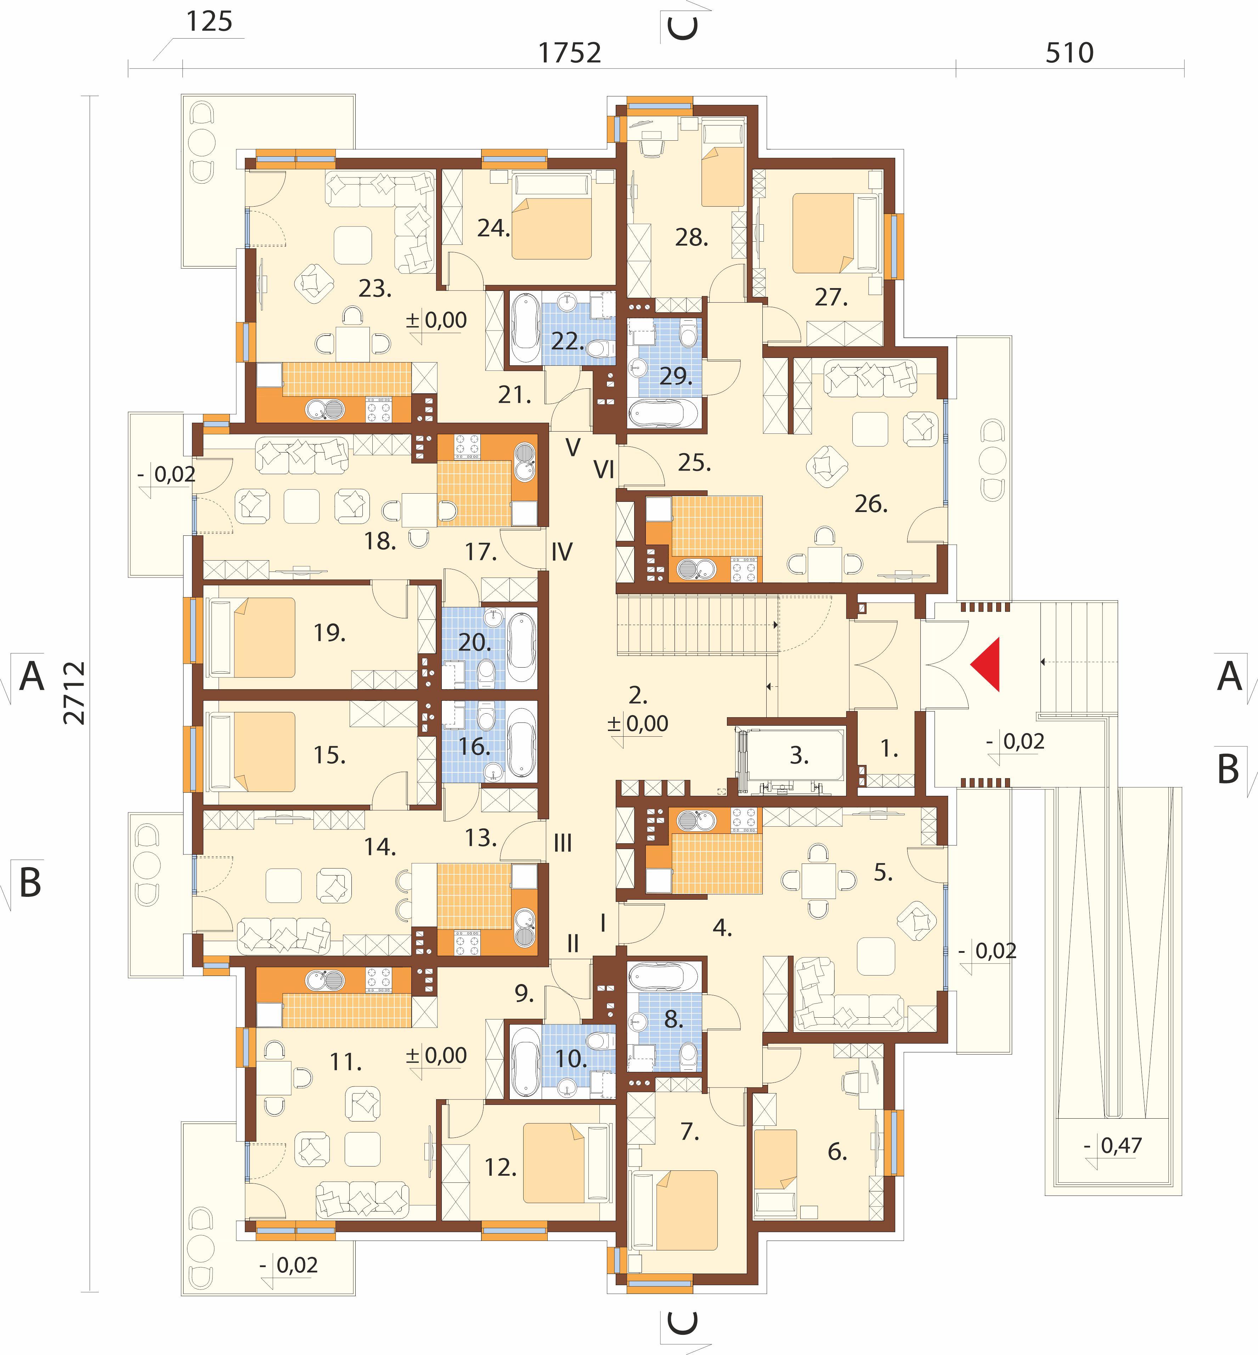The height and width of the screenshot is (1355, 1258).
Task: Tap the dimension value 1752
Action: coord(570,53)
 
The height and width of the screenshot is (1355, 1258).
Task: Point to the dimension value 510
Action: coord(1070,53)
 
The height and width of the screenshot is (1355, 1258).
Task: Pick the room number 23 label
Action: coord(375,289)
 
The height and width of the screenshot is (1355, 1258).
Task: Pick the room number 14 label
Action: coord(380,847)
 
